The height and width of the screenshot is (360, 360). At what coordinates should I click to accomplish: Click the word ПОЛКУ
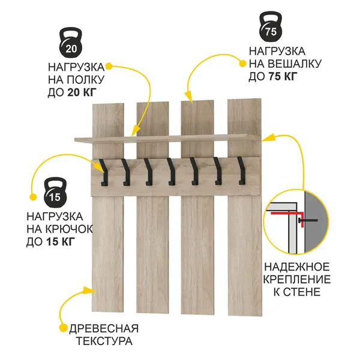(x=86, y=80)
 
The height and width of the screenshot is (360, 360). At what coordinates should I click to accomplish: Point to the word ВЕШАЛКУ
(x=295, y=64)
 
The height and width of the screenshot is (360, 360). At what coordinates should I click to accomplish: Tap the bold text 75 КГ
(x=283, y=76)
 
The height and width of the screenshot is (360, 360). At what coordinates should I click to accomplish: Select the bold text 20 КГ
(x=82, y=92)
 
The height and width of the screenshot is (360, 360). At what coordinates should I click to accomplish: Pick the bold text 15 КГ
(x=61, y=242)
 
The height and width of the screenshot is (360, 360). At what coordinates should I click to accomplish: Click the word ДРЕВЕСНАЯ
(x=104, y=329)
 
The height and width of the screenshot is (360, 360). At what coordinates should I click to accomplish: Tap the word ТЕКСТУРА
(x=104, y=341)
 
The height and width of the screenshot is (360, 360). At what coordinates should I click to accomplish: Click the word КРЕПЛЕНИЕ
(x=296, y=280)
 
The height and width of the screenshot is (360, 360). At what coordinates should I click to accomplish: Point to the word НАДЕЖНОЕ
(x=296, y=267)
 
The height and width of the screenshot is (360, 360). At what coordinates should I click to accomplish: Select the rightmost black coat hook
(x=241, y=170)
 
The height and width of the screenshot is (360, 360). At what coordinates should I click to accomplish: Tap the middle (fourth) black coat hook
(x=171, y=172)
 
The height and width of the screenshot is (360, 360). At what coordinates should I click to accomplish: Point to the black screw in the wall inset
(x=308, y=220)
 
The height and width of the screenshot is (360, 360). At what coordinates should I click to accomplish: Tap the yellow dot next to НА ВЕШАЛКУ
(x=242, y=64)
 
